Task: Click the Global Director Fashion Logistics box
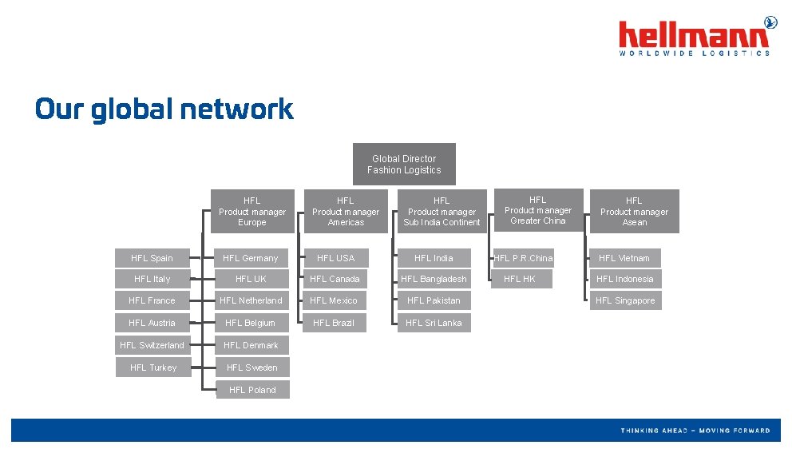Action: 404,165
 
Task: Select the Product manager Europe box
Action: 252,212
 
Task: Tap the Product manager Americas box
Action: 346,212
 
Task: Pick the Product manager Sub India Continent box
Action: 442,212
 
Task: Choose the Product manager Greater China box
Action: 538,210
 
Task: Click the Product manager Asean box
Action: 634,212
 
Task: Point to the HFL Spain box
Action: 152,258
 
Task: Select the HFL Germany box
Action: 251,258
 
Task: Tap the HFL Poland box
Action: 252,390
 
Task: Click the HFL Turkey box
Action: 153,368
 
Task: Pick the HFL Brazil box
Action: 334,323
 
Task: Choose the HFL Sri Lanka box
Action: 434,323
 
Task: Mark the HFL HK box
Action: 520,279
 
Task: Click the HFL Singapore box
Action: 625,300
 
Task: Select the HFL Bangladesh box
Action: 434,279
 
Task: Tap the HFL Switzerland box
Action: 152,345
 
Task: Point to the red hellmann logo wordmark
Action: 693,35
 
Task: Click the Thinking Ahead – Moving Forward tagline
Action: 695,431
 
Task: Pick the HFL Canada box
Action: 335,279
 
